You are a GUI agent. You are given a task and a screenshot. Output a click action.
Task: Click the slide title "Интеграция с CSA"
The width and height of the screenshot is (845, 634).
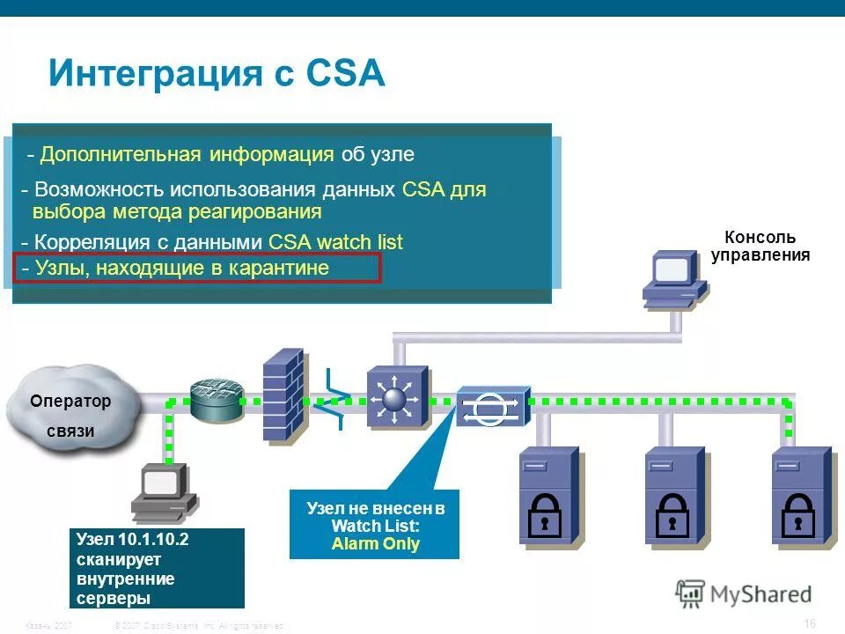point(217,73)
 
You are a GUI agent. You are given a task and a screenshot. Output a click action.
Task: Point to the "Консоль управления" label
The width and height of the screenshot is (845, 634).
point(760,247)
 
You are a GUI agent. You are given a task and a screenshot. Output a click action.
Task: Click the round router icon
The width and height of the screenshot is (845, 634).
point(216,401)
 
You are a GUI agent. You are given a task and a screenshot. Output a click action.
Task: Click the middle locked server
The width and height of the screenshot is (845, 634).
point(674,498)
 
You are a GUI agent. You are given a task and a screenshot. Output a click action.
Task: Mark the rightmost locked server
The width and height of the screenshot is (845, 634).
point(800,498)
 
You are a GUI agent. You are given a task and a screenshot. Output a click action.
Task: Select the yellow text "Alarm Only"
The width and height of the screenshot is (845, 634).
point(375,543)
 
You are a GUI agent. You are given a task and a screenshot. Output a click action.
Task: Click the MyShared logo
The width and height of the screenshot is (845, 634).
point(744,593)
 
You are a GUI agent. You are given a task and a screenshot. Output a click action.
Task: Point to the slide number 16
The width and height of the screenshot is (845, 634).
point(810,623)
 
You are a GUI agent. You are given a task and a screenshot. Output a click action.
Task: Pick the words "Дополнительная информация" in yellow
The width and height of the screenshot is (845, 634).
point(187,155)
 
